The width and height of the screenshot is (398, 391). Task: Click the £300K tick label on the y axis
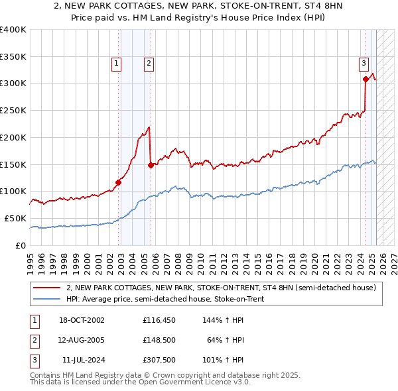coord(13,84)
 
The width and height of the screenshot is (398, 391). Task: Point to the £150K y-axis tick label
coord(13,164)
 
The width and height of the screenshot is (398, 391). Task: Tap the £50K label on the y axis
coord(15,218)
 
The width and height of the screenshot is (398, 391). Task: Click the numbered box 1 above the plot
coord(116,64)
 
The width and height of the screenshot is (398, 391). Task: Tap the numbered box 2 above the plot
coord(148,64)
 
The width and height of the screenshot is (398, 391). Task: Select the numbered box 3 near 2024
coord(364,64)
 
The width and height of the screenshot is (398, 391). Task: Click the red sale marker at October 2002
coord(119,182)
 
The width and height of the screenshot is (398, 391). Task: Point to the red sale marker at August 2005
coord(151,165)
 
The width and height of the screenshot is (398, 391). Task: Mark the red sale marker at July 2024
coord(365,80)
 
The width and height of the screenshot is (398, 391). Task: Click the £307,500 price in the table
coord(159,360)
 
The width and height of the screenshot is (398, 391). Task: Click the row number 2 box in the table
coord(34,340)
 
